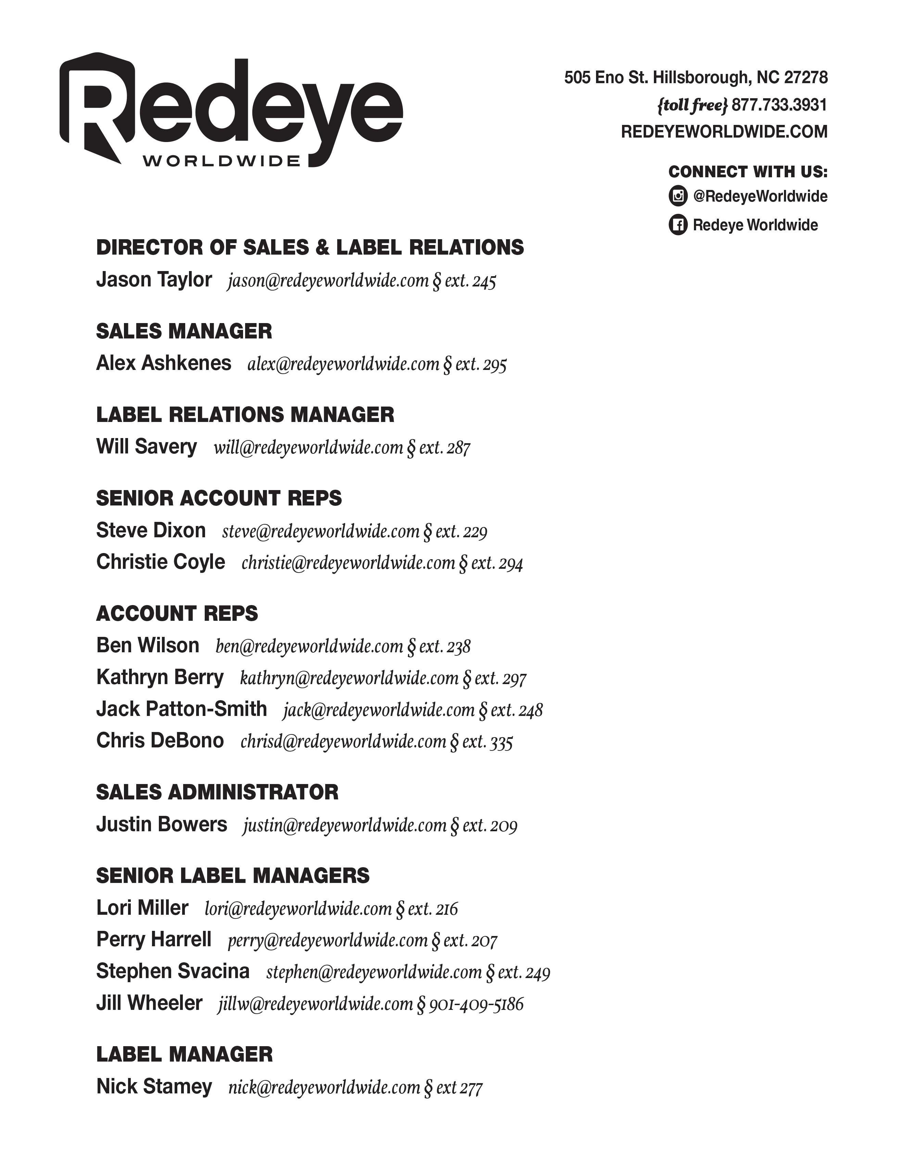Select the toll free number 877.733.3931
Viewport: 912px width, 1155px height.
pyautogui.click(x=779, y=105)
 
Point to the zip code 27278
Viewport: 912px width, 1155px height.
pyautogui.click(x=806, y=78)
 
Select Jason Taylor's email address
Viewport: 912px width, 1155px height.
pyautogui.click(x=328, y=281)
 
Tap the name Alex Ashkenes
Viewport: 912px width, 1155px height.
pyautogui.click(x=163, y=363)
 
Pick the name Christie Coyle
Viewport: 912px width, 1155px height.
pyautogui.click(x=160, y=562)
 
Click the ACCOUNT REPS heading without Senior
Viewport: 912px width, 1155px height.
pyautogui.click(x=177, y=614)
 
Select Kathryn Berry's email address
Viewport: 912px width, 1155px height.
pyautogui.click(x=349, y=678)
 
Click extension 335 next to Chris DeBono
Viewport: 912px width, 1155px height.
pyautogui.click(x=502, y=742)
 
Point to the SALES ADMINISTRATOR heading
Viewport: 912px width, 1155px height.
pyautogui.click(x=217, y=793)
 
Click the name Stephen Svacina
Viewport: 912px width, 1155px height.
pyautogui.click(x=173, y=971)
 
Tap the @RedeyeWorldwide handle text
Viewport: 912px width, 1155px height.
pyautogui.click(x=760, y=196)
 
